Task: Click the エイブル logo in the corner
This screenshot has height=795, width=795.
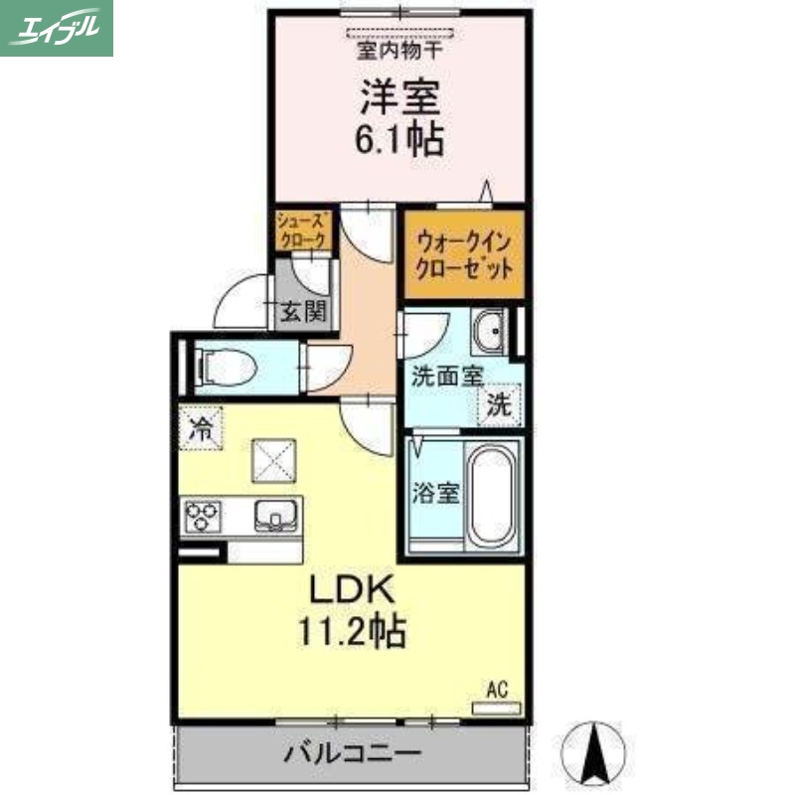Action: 57,28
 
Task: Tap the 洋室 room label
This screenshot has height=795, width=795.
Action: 400,97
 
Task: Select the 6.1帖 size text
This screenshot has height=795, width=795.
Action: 399,139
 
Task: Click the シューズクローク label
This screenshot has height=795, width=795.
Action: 301,232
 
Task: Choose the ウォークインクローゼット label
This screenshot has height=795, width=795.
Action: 464,254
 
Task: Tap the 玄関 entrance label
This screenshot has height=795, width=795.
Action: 301,312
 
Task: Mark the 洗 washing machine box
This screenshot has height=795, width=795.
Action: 501,404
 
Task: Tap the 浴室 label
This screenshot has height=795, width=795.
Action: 435,492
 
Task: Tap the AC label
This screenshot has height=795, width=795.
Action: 497,688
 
